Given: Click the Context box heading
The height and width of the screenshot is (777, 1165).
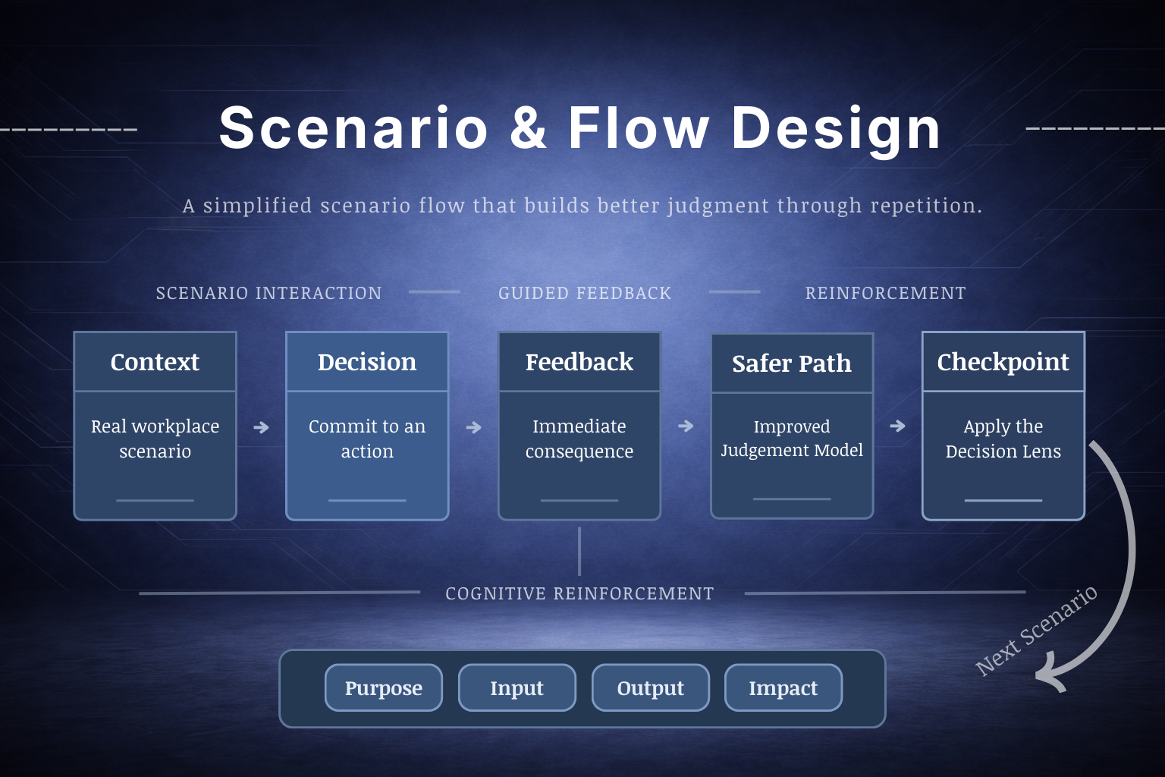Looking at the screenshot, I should [155, 362].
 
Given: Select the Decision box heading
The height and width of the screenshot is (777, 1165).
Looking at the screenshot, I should [367, 362].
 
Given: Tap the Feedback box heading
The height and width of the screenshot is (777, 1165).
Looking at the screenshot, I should [579, 362].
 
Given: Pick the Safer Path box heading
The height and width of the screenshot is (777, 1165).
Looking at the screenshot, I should [792, 363].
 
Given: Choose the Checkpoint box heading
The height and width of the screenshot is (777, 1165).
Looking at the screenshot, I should [1003, 362].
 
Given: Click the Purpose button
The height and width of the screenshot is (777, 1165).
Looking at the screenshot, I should [384, 687].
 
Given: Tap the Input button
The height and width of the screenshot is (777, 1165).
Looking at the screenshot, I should [517, 687].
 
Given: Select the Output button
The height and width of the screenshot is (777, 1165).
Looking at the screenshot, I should [650, 687].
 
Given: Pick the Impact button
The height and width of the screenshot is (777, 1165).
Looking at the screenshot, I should [783, 687].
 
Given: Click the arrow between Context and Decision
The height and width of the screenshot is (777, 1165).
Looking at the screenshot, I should [261, 427].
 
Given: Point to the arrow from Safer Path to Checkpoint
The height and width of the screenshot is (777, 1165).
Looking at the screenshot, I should [898, 426].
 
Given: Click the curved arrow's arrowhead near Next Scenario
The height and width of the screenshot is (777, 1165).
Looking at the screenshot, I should [1050, 675].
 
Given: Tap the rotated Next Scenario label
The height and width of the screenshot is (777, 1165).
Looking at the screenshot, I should [1036, 631].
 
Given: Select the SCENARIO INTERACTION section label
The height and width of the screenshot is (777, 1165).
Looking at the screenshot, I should [268, 293].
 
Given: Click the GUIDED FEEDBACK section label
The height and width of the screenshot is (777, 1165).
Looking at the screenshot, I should [585, 293].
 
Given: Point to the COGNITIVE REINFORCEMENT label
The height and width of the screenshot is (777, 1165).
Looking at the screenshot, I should [579, 593].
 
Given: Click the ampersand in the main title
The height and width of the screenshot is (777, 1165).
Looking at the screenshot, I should [528, 127].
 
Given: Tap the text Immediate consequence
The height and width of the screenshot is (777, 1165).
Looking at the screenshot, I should [579, 439].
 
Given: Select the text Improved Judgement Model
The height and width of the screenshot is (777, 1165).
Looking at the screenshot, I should [792, 438].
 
